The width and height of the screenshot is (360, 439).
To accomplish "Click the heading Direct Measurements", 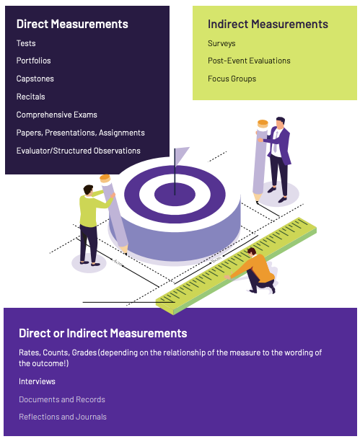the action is (72, 24).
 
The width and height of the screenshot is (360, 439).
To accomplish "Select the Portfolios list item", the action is (34, 61).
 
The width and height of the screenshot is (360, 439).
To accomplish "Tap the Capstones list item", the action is (35, 79).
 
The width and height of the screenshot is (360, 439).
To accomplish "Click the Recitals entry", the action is (30, 97).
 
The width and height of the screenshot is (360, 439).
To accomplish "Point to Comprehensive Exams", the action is (56, 115).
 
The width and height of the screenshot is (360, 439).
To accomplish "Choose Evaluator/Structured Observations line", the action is (79, 151).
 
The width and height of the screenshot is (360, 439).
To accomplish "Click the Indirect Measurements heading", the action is (268, 24).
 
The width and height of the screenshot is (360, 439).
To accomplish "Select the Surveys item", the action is (221, 44).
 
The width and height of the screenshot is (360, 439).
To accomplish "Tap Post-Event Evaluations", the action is (249, 61).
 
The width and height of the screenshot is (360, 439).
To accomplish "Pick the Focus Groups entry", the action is (232, 79).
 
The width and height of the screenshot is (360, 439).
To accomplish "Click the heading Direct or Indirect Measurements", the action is (103, 333).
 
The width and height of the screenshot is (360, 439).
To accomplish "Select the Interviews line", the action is (37, 381).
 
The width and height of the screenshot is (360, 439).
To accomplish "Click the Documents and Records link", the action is (62, 399).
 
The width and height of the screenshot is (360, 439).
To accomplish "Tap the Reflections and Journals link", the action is (63, 417).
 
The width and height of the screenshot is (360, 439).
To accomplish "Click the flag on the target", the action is (180, 156).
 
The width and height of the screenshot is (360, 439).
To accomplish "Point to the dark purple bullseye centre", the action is (175, 195).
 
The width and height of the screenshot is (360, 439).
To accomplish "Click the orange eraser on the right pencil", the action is (263, 124).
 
